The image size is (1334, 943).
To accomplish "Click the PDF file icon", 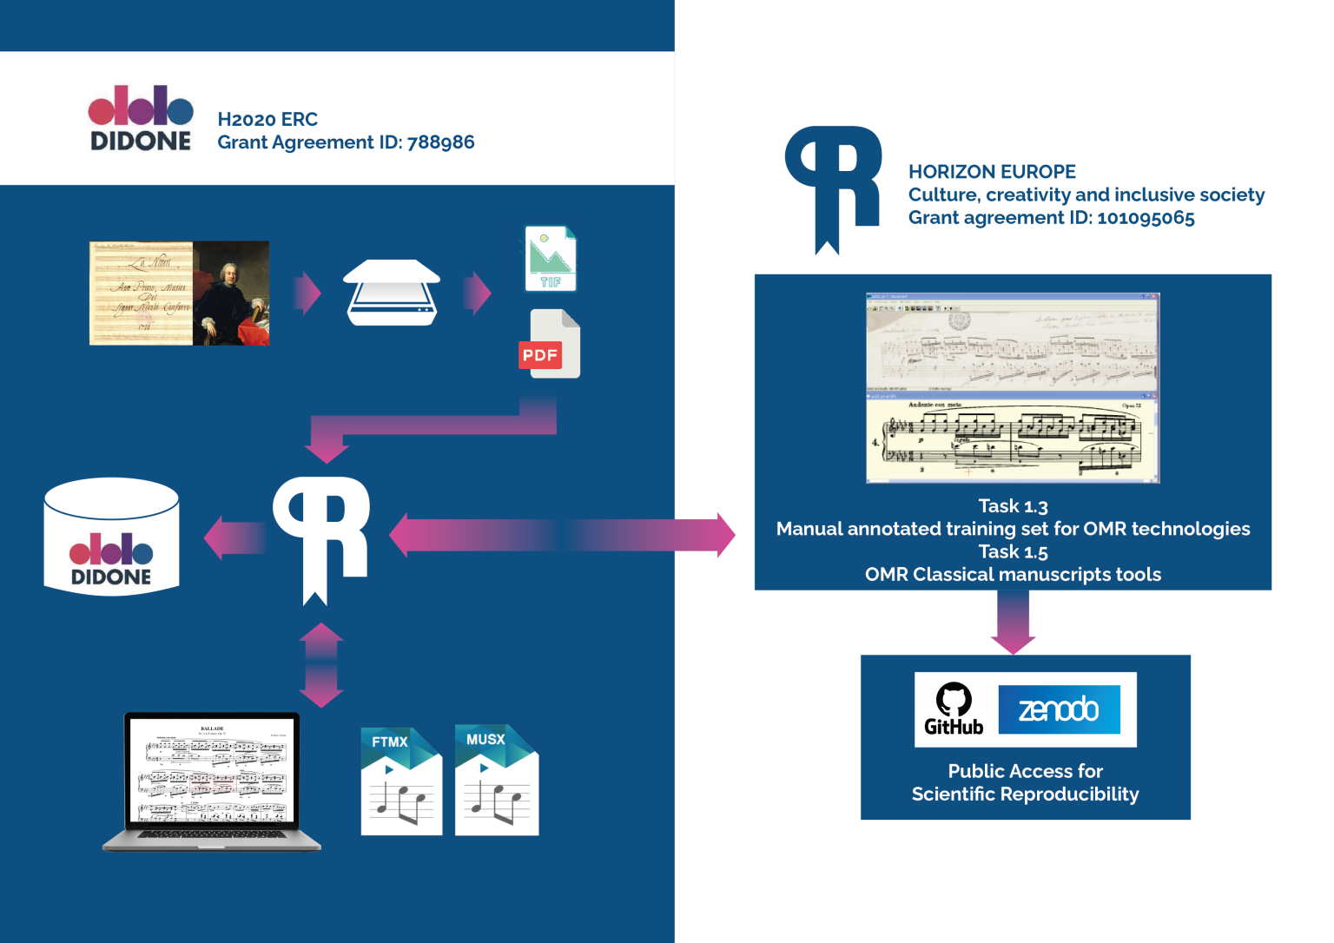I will click(x=549, y=344).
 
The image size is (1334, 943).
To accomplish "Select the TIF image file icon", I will click(x=550, y=259).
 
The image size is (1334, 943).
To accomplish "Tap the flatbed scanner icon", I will click(x=392, y=293).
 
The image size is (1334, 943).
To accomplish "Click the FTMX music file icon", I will click(x=401, y=781).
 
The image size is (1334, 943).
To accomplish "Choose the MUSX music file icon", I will click(x=497, y=780).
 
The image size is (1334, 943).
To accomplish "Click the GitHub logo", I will click(x=954, y=709).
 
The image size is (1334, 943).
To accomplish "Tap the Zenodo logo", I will click(x=1059, y=709).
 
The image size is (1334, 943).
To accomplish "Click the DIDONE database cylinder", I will click(x=111, y=537).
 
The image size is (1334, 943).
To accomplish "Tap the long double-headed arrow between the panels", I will click(x=562, y=535).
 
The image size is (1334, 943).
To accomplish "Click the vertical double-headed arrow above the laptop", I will click(x=321, y=665).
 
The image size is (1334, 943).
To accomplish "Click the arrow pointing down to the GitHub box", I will click(x=1013, y=622).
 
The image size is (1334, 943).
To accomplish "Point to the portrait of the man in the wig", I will click(x=231, y=293).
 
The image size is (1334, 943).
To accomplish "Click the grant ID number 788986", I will click(x=440, y=142).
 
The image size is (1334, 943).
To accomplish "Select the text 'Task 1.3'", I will click(x=1013, y=506).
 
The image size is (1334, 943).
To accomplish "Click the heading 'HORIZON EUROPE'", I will click(x=992, y=172).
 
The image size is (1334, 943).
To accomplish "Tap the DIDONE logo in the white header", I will click(x=141, y=119).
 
